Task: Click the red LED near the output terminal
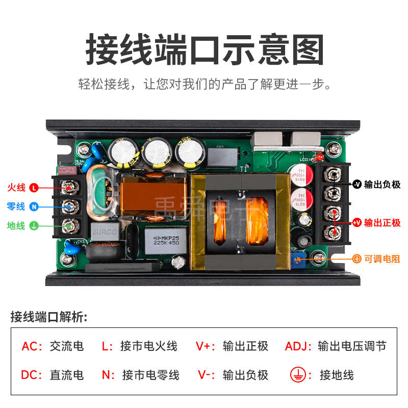coord(320,157)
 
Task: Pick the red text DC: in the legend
coord(32,375)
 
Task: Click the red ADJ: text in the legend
coord(298,347)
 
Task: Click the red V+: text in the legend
coord(206,347)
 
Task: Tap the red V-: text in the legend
coord(206,375)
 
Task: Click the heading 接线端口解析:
coord(49,317)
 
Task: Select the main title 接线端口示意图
coord(204,50)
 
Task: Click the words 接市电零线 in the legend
coord(151,375)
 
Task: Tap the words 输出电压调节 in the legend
coord(352,347)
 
